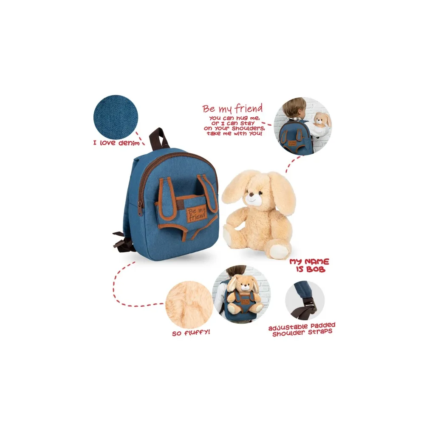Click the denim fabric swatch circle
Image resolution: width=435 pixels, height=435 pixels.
click(116, 117)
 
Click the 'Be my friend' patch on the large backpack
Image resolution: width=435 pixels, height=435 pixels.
click(197, 214)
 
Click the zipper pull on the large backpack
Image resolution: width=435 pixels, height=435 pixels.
click(140, 211)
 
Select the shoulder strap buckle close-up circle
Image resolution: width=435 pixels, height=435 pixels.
click(305, 300)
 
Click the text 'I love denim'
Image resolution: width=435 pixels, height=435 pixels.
click(116, 143)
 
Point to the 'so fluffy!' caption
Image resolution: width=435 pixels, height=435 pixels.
click(191, 333)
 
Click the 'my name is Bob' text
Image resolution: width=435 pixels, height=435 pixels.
click(310, 266)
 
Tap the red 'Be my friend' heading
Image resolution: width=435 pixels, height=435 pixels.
click(232, 108)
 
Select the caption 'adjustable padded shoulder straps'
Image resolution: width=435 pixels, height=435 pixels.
click(302, 330)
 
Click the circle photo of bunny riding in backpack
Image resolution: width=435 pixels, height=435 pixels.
click(241, 294)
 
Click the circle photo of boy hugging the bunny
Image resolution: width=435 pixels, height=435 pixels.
click(303, 126)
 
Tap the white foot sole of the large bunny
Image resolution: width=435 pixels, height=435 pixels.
click(280, 251)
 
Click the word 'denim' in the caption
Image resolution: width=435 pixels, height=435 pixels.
click(129, 143)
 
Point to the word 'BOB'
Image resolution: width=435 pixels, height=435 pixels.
click(315, 269)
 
